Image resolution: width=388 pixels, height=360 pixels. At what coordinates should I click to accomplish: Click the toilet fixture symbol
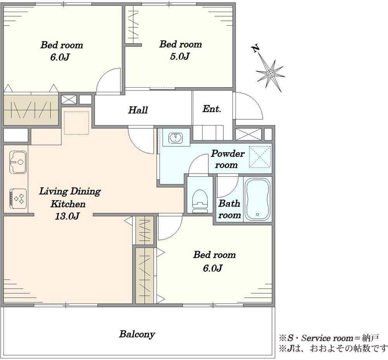click(x=200, y=201)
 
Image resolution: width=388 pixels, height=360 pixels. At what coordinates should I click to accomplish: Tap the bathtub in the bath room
click(x=257, y=200)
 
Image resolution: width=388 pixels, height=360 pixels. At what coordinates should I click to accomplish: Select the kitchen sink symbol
click(x=18, y=162)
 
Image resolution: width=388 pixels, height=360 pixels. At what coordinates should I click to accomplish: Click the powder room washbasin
click(x=176, y=138)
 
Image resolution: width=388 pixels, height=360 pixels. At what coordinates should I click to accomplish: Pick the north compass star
click(x=270, y=74)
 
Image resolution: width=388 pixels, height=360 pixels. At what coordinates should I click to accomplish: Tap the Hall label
click(x=138, y=110)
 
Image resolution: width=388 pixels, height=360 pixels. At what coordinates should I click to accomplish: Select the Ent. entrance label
click(x=211, y=109)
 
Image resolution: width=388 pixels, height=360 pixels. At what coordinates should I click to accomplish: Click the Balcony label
click(x=137, y=334)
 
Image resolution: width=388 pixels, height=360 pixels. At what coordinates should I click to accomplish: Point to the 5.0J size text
click(x=180, y=56)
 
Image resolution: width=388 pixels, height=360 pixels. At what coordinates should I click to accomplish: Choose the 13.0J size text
click(x=67, y=216)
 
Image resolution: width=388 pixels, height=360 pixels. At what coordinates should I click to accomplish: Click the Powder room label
click(x=227, y=159)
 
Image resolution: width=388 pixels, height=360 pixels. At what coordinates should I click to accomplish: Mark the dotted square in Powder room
click(x=260, y=157)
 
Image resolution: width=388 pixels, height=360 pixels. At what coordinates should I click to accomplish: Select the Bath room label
click(x=229, y=209)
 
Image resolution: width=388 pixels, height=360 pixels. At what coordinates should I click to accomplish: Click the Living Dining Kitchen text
click(x=70, y=198)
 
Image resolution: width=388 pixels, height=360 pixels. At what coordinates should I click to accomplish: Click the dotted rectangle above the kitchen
click(x=76, y=123)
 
